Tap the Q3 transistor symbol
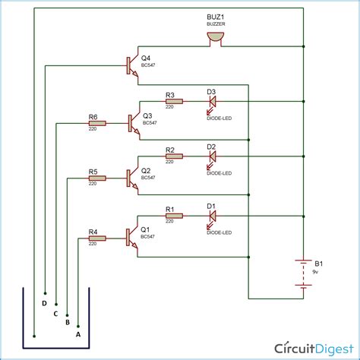(x=134, y=122)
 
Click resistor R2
(x=174, y=157)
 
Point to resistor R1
(x=174, y=215)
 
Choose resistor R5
(x=96, y=178)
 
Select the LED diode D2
(x=212, y=157)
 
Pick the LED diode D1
(x=212, y=215)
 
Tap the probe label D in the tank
(x=45, y=303)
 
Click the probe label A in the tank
(x=78, y=333)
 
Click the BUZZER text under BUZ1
(x=216, y=25)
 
